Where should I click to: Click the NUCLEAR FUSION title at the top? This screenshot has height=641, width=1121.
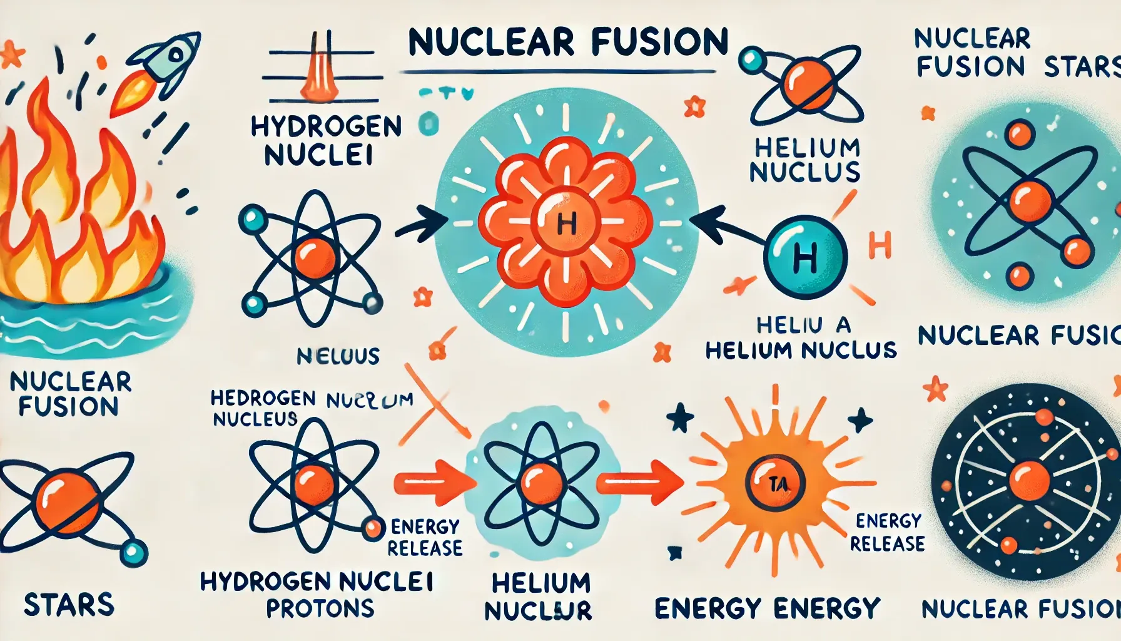[568, 43]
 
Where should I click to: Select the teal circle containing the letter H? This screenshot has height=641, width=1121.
[805, 257]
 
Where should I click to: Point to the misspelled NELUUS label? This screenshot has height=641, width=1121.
[338, 356]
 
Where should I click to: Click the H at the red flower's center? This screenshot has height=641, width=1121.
[566, 223]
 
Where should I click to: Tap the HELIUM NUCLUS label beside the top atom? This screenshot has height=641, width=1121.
[806, 160]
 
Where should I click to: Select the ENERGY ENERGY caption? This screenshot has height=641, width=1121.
[767, 608]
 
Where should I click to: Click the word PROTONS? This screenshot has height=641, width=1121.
[320, 608]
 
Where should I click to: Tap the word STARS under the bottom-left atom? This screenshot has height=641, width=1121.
[69, 605]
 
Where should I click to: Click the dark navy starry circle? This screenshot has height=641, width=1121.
[1026, 482]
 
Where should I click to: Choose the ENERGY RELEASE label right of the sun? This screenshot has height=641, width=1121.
[887, 532]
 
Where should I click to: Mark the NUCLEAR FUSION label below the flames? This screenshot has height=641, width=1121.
[69, 394]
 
